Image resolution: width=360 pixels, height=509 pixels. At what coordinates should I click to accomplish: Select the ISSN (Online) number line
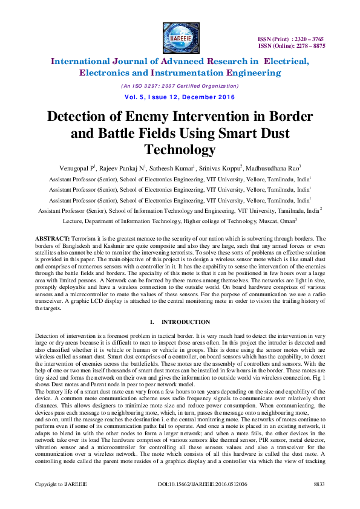click(x=292, y=45)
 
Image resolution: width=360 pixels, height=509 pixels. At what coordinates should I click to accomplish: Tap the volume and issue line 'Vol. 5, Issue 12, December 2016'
click(x=180, y=97)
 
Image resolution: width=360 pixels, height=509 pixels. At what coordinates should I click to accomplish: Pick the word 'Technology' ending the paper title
click(x=180, y=149)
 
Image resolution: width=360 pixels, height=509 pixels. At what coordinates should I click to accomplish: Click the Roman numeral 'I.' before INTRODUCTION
click(x=152, y=322)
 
